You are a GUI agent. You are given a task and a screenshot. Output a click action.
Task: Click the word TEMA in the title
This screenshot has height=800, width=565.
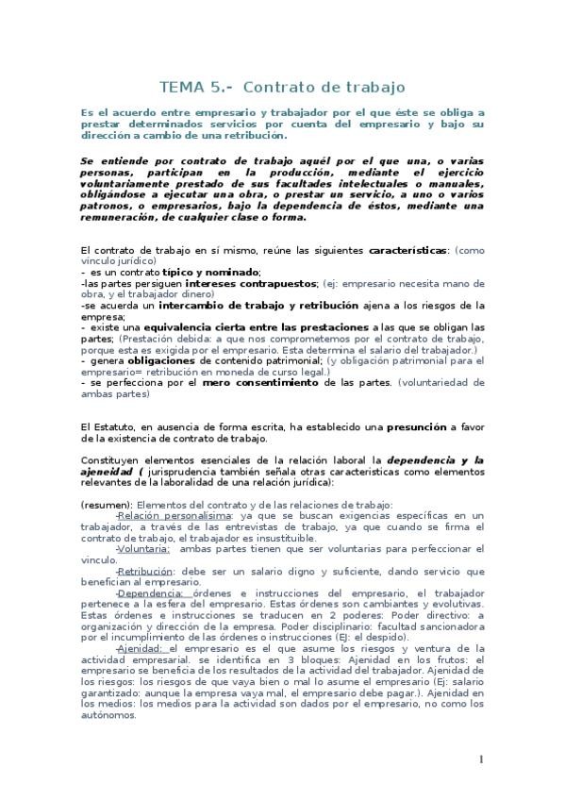coord(182,87)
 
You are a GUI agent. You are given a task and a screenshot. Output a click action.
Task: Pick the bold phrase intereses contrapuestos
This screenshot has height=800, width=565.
coord(251,282)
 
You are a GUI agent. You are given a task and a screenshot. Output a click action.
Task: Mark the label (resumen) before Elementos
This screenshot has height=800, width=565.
coord(107,505)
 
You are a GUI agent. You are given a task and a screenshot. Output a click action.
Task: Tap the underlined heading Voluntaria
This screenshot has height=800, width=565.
coord(144,548)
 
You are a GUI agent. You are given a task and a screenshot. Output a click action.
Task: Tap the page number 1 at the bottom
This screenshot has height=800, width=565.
coord(481,759)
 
